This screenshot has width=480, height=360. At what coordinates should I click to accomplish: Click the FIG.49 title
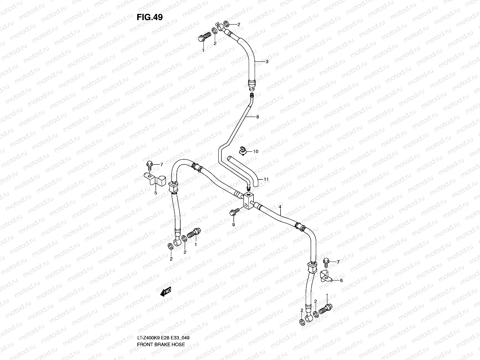(x=150, y=17)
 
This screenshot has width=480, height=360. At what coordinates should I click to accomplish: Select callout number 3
(x=267, y=62)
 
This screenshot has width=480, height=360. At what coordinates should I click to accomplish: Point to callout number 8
(x=257, y=117)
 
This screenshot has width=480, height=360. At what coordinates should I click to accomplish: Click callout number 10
(x=256, y=151)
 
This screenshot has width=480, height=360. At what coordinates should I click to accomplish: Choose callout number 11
(x=266, y=179)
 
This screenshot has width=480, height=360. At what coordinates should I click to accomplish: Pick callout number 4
(x=280, y=207)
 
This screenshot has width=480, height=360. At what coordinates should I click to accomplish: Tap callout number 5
(x=156, y=193)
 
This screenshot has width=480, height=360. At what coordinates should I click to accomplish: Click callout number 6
(x=341, y=280)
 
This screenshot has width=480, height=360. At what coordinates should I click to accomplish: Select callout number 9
(x=233, y=224)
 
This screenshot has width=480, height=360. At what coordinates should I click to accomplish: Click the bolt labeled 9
(x=234, y=212)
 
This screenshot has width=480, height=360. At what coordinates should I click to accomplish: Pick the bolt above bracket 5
(x=149, y=164)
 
